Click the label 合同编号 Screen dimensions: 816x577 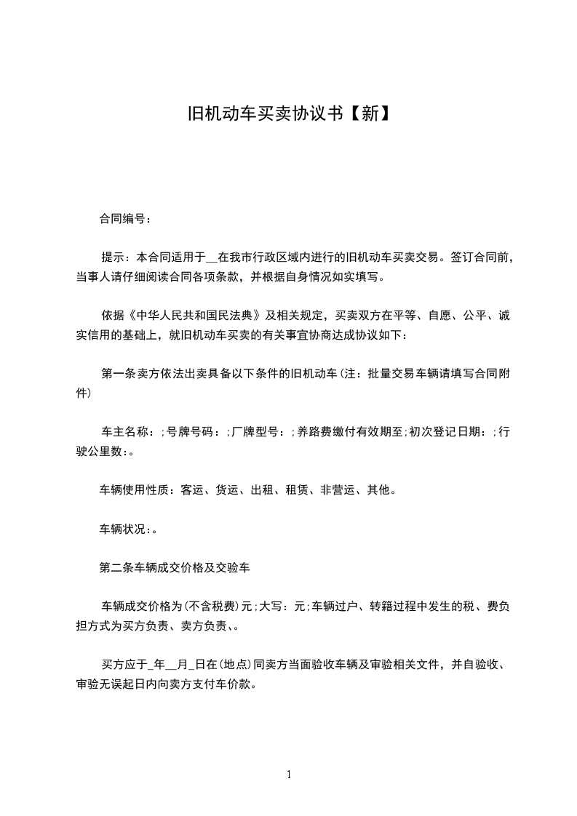122,217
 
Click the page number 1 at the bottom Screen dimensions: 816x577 289,775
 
